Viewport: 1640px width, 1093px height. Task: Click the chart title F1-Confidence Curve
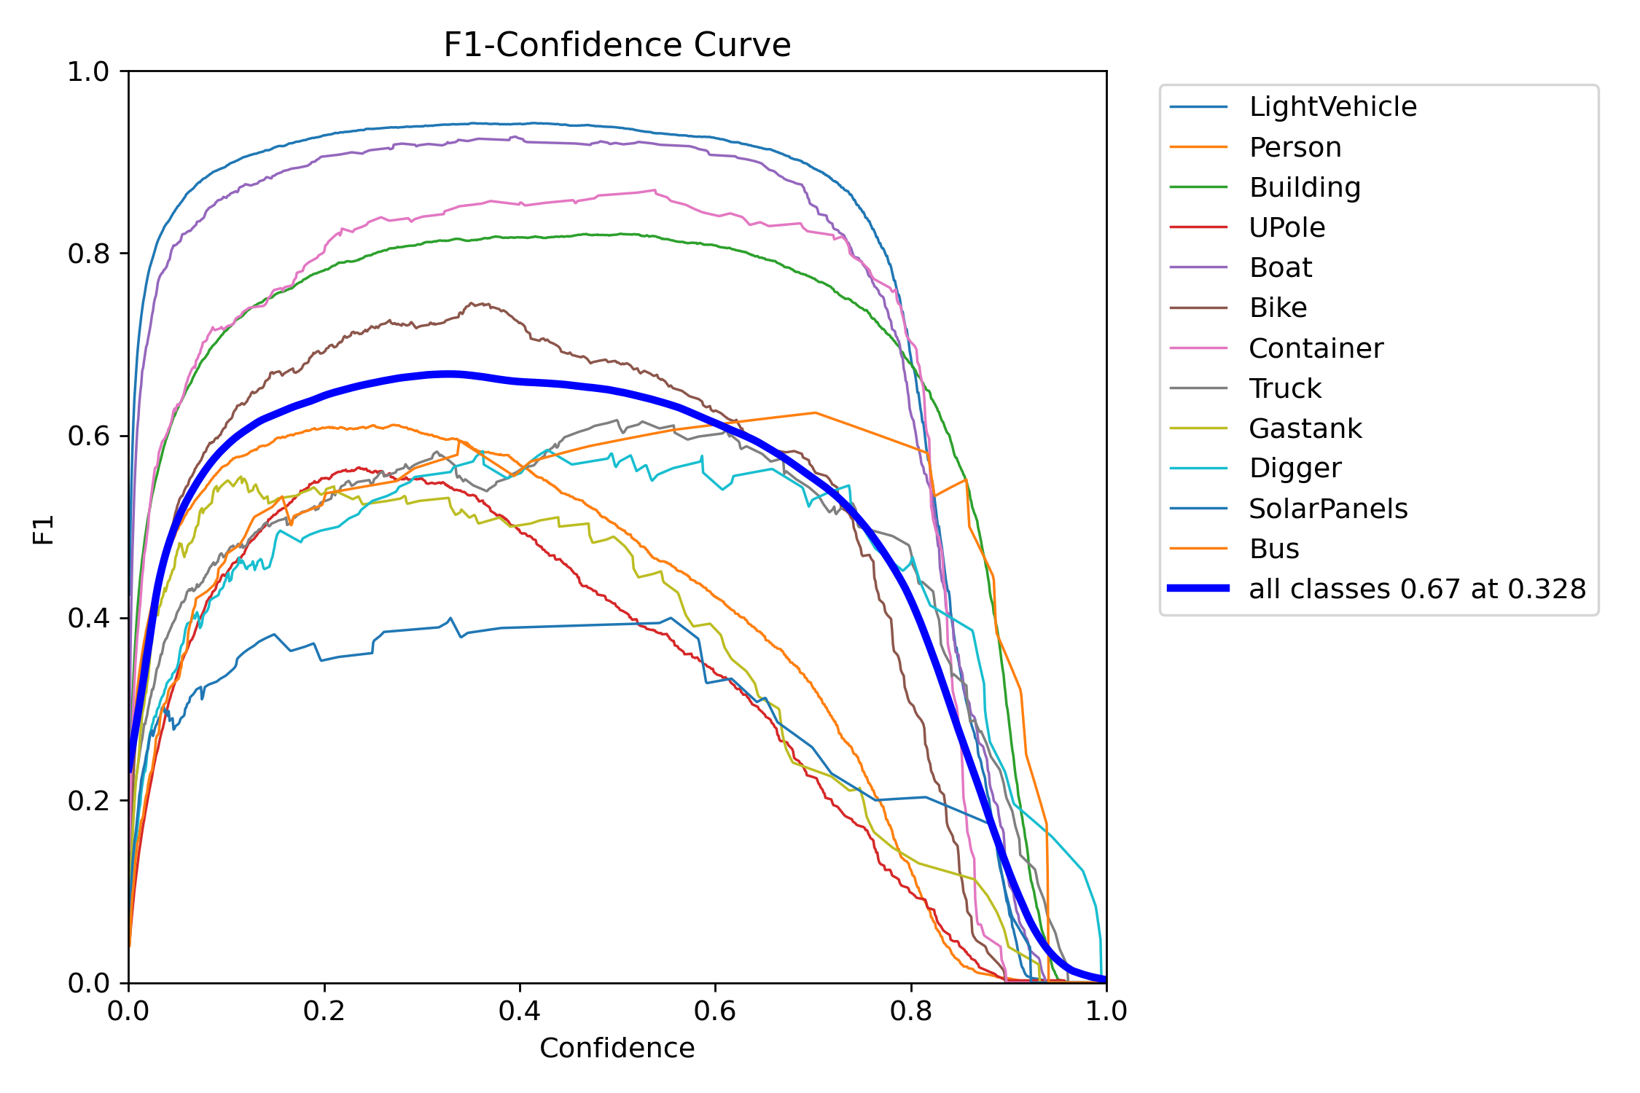point(617,45)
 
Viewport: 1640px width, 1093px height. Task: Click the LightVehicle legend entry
point(1332,107)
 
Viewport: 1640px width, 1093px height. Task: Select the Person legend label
point(1295,147)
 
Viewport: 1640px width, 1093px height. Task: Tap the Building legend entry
point(1305,188)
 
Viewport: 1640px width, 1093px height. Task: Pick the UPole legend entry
point(1286,228)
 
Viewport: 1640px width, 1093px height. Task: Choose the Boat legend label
point(1280,268)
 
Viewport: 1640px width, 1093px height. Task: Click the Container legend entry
point(1316,348)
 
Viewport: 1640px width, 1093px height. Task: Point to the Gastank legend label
point(1305,428)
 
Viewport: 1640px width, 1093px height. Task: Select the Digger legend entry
point(1295,469)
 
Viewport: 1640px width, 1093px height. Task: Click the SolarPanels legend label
point(1327,509)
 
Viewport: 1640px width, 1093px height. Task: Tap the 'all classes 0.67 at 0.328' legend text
point(1417,589)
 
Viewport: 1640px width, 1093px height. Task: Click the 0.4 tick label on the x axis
point(520,1011)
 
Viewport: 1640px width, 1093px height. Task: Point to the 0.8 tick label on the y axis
point(87,254)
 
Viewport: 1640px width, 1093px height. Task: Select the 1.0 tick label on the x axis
point(1106,1011)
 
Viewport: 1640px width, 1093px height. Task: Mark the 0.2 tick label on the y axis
point(87,801)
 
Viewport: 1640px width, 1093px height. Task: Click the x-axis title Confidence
point(617,1048)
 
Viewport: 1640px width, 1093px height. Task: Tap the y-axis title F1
point(44,530)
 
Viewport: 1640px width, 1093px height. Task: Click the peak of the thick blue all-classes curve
point(450,374)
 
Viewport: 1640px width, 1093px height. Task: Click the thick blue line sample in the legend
point(1198,588)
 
